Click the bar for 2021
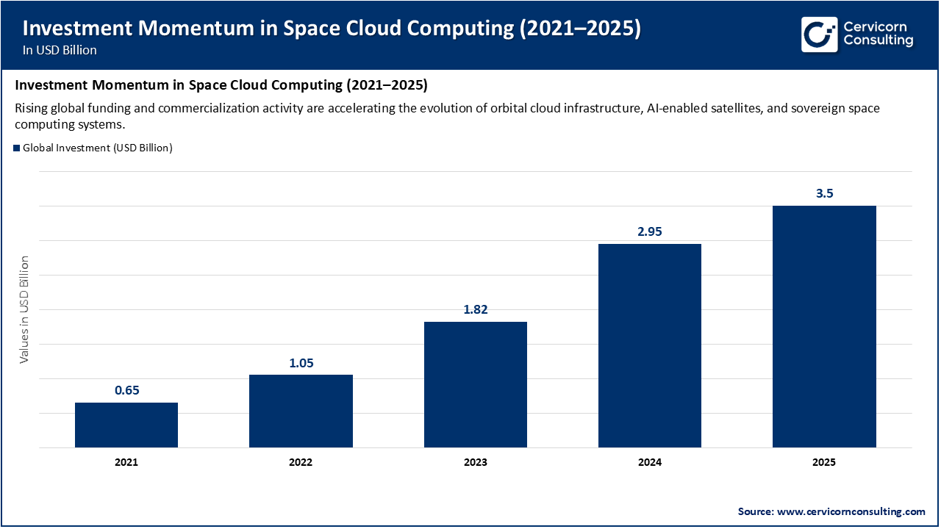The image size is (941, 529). pyautogui.click(x=126, y=425)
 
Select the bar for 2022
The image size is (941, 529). pyautogui.click(x=301, y=411)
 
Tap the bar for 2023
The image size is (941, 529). pyautogui.click(x=476, y=384)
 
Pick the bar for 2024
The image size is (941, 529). pyautogui.click(x=650, y=345)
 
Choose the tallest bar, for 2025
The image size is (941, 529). pyautogui.click(x=824, y=326)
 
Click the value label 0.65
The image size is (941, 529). pyautogui.click(x=126, y=391)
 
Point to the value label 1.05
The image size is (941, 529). pyautogui.click(x=301, y=363)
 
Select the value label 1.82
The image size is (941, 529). pyautogui.click(x=476, y=310)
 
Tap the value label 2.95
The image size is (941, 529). pyautogui.click(x=650, y=232)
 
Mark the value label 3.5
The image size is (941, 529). pyautogui.click(x=824, y=194)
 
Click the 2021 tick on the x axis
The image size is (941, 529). pyautogui.click(x=126, y=463)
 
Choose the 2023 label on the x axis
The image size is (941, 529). pyautogui.click(x=476, y=463)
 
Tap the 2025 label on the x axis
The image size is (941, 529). pyautogui.click(x=824, y=463)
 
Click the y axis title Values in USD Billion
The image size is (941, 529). pyautogui.click(x=24, y=309)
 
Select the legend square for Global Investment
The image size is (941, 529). pyautogui.click(x=17, y=148)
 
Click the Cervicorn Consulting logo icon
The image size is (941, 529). pyautogui.click(x=819, y=34)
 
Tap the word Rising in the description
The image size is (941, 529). pyautogui.click(x=32, y=108)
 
